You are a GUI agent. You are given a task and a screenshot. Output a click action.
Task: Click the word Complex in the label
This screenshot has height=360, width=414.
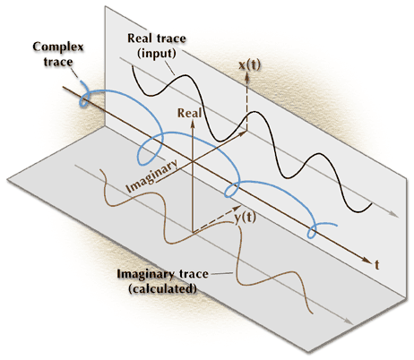[x=58, y=47]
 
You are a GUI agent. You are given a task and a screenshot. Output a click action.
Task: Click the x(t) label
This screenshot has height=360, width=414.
[x=250, y=64]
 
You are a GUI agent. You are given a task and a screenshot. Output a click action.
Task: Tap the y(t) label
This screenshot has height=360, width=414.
[x=245, y=218]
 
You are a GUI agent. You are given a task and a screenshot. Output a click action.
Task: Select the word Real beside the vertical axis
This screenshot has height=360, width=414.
[x=189, y=113]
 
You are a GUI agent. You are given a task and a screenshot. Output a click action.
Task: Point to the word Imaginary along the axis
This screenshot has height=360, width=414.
[x=151, y=176]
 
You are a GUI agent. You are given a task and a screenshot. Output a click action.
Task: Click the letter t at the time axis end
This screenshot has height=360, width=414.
[x=377, y=264]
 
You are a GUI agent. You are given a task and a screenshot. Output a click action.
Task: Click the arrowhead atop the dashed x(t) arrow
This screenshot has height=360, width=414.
[x=247, y=76]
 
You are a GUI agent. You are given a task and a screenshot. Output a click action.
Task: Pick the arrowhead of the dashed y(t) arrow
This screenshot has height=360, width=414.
[x=237, y=208]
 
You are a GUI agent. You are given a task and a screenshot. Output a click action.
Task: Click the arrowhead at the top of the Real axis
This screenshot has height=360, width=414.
[x=193, y=124]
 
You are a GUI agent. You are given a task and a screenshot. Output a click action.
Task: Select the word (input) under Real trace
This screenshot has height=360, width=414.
[x=156, y=54]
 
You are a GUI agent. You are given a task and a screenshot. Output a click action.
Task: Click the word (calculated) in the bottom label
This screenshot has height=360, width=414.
[x=163, y=289]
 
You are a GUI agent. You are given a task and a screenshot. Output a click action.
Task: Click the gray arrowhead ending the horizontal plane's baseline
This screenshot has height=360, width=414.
[x=349, y=321]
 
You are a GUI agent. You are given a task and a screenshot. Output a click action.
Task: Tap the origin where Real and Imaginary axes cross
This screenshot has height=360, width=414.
[x=193, y=162]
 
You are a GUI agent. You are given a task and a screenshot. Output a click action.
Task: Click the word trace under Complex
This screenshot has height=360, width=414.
[x=58, y=62]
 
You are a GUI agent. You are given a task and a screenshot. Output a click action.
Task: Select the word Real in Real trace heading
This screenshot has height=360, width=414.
[x=138, y=39]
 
